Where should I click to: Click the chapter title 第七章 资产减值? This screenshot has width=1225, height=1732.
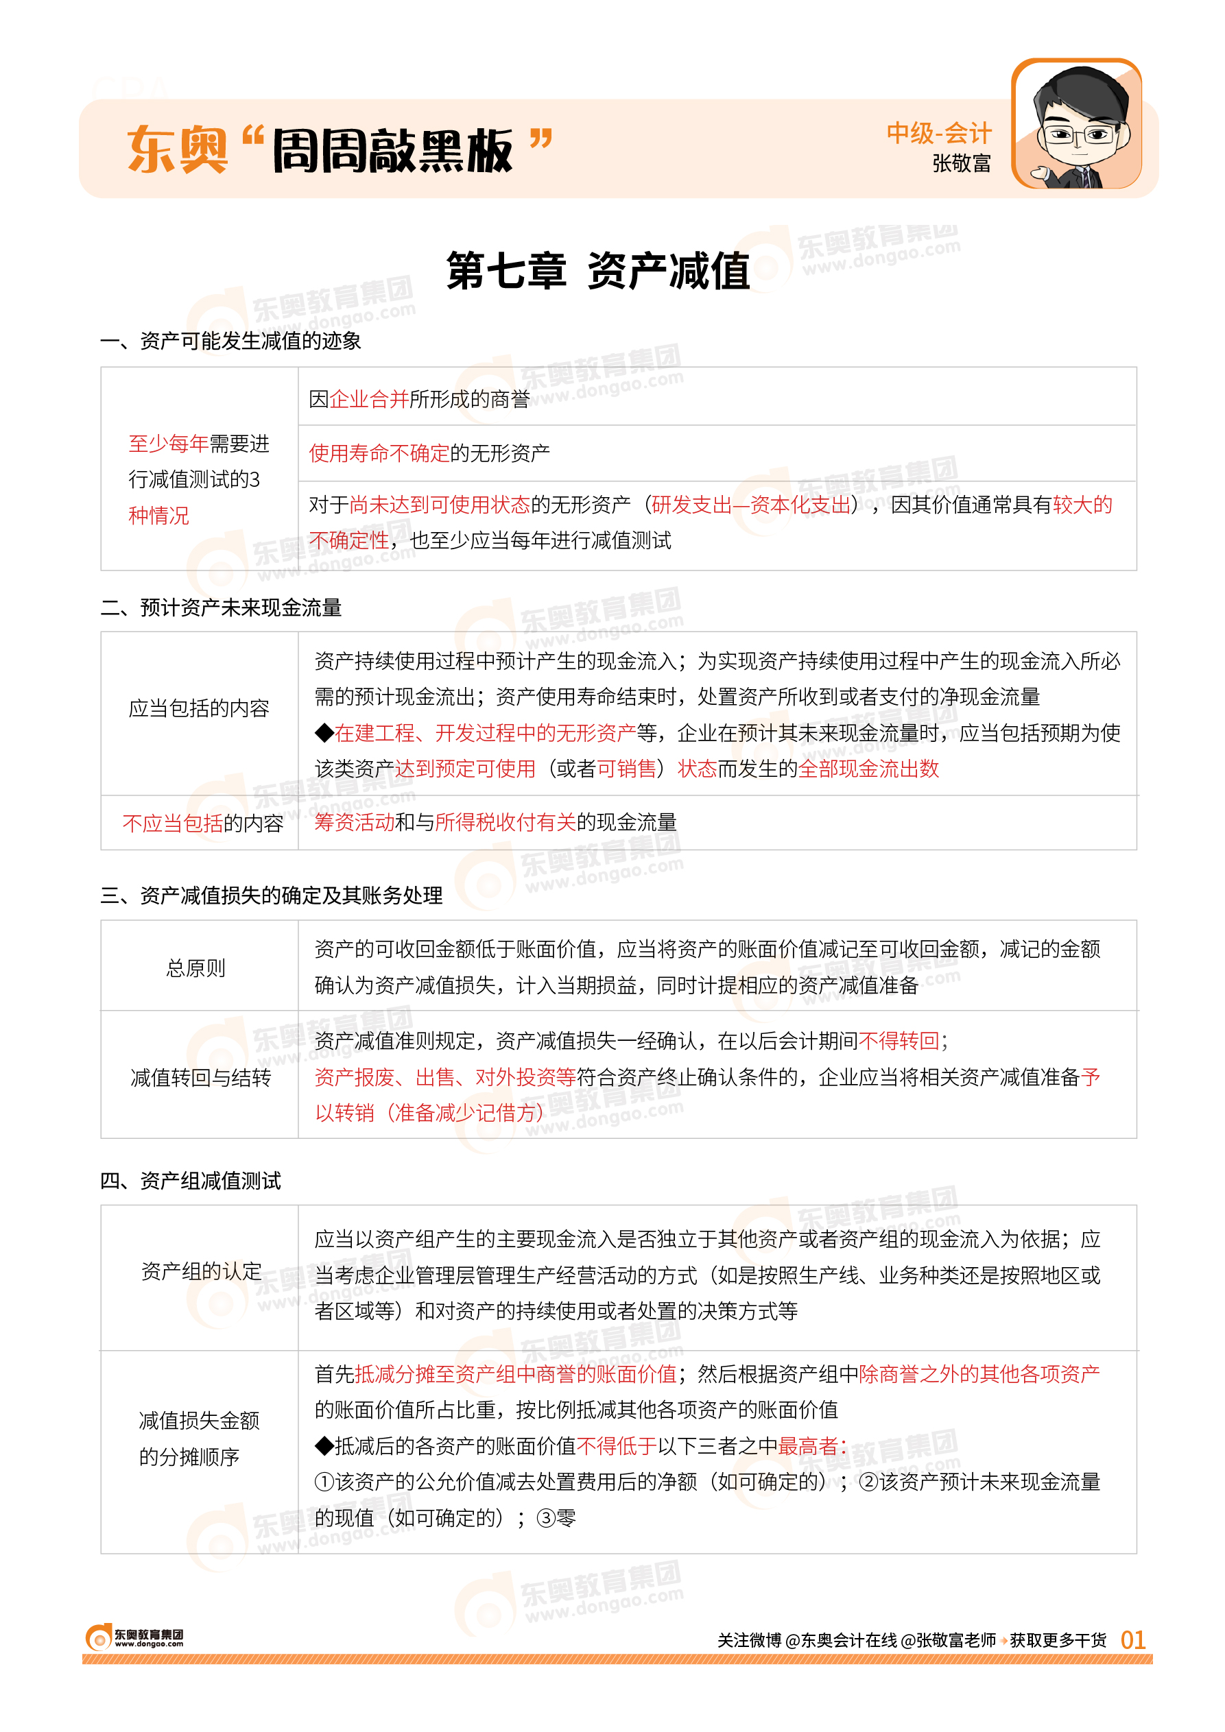(x=598, y=271)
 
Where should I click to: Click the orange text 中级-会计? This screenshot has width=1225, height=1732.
(x=938, y=133)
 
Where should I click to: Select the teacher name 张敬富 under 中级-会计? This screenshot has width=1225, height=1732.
(x=961, y=163)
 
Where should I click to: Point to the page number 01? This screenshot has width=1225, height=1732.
(x=1132, y=1639)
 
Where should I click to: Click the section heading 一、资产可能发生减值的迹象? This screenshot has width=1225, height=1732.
(x=231, y=341)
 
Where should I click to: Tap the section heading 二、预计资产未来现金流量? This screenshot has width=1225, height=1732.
(x=221, y=608)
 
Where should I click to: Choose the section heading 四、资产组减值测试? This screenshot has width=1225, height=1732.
(x=191, y=1181)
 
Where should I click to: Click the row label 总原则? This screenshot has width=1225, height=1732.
(x=196, y=968)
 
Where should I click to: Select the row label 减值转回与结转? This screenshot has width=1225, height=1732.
(x=200, y=1078)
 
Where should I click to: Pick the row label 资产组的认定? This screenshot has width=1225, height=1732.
(x=201, y=1271)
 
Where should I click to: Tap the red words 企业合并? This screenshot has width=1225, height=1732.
(x=369, y=399)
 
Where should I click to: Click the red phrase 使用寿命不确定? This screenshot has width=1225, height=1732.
(x=379, y=453)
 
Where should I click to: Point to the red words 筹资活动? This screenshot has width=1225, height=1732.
(x=354, y=822)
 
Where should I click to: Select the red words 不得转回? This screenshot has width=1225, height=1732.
(x=899, y=1041)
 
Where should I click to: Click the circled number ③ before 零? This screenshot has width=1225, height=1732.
(x=545, y=1518)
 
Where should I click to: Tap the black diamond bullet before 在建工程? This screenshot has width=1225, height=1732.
(x=324, y=732)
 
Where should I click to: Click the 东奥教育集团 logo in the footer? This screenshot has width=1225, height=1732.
(x=134, y=1637)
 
